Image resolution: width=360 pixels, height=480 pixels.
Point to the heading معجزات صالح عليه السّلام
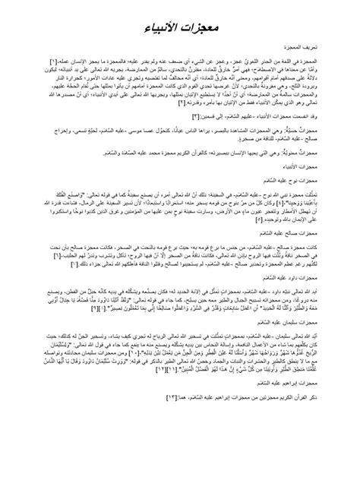click(296, 268)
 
